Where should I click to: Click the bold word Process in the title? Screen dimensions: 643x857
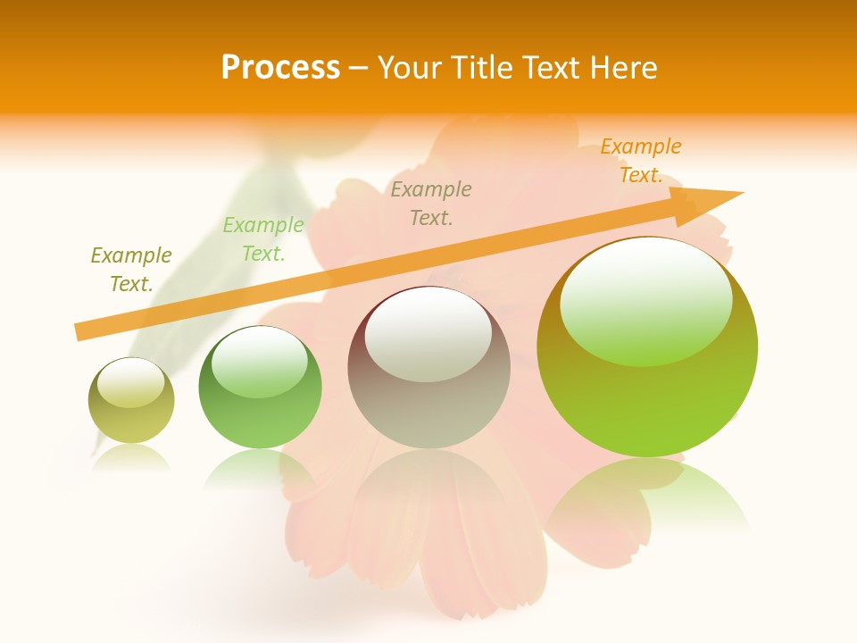coord(280,68)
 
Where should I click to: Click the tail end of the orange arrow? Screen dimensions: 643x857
coord(79,331)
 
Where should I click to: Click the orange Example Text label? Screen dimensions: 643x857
coord(640,161)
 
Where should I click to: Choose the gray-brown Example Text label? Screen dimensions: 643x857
coord(431,203)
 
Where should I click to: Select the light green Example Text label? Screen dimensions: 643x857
coord(263,239)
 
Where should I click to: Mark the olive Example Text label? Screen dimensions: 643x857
coord(131,269)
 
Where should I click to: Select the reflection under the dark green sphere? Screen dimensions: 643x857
coord(259,468)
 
